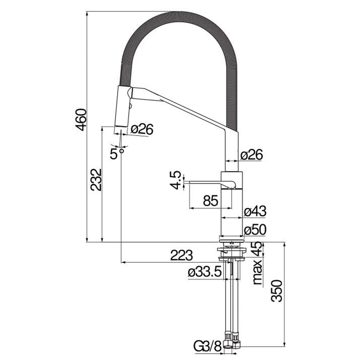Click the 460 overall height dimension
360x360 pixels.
pyautogui.click(x=81, y=120)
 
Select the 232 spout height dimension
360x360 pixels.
pyautogui.click(x=96, y=179)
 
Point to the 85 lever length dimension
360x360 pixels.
pyautogui.click(x=211, y=201)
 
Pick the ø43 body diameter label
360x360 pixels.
pyautogui.click(x=255, y=211)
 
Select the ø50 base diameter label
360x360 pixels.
pyautogui.click(x=255, y=230)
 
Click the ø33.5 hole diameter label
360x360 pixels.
pyautogui.click(x=205, y=272)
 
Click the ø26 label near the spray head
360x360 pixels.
pyautogui.click(x=141, y=130)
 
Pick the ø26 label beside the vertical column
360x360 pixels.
pyautogui.click(x=251, y=154)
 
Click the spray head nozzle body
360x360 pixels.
pyautogui.click(x=122, y=107)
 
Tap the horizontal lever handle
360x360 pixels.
pyautogui.click(x=205, y=184)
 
